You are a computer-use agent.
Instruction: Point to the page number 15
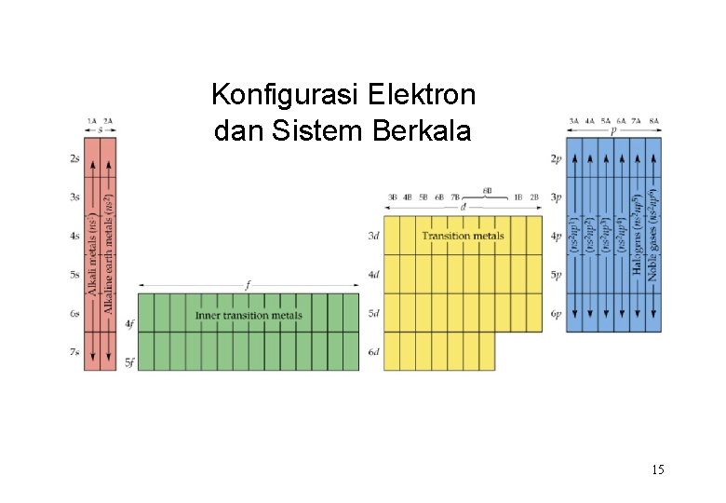[658, 470]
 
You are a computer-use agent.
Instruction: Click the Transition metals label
[463, 236]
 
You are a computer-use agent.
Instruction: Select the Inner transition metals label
[249, 315]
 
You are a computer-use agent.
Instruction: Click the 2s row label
[74, 159]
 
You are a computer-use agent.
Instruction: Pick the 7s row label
[74, 352]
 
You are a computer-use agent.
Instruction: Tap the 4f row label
[130, 323]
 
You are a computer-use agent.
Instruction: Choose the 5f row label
[130, 361]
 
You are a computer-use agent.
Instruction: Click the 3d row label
[373, 237]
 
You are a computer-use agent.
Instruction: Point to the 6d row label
[373, 352]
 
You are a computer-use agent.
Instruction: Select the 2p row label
[557, 159]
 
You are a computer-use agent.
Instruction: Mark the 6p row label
[557, 314]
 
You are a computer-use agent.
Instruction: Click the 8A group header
[654, 120]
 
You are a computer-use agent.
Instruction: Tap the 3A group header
[574, 120]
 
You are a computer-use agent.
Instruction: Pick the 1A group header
[92, 120]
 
